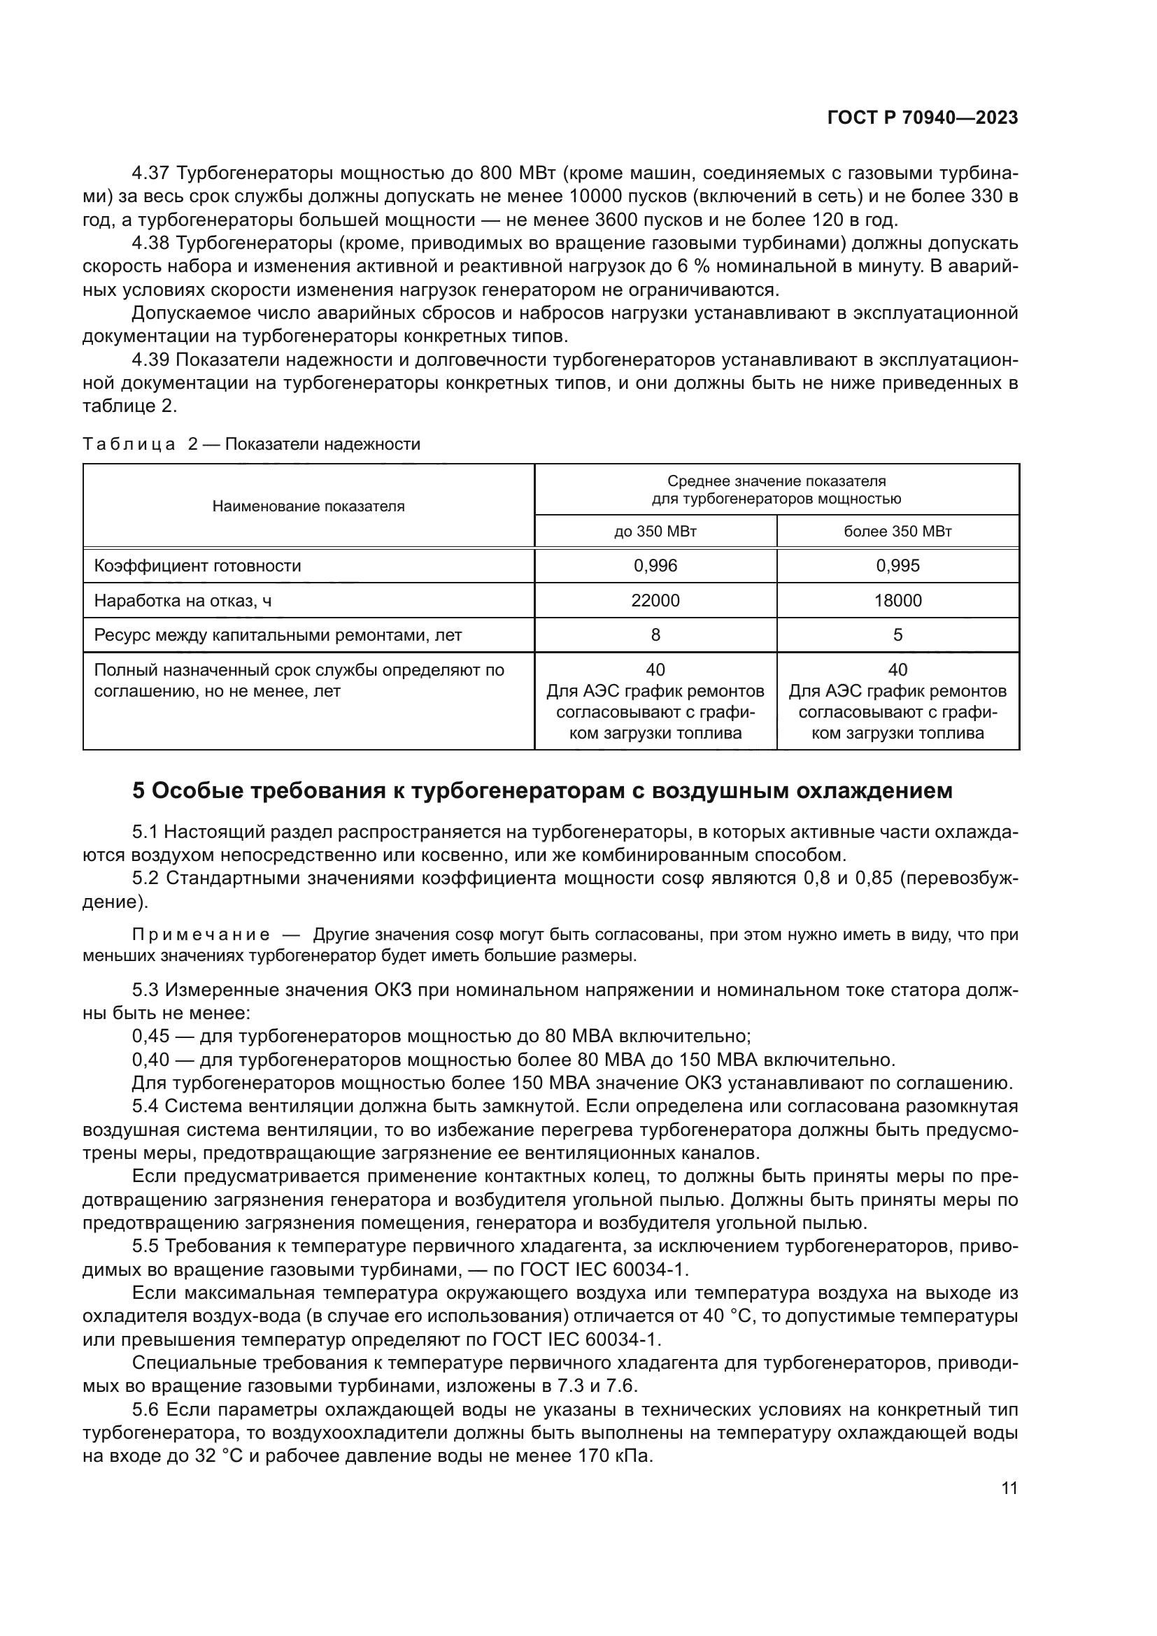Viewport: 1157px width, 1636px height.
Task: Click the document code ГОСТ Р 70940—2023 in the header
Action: (x=922, y=118)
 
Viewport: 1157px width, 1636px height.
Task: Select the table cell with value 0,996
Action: (x=655, y=566)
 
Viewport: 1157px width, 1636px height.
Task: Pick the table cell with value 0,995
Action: (x=897, y=566)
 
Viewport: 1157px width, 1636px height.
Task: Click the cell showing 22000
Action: (x=655, y=601)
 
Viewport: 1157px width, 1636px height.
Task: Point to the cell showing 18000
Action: (x=897, y=601)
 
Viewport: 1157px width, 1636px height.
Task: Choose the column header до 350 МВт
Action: (x=655, y=532)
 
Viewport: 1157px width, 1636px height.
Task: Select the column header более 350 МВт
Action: (x=897, y=532)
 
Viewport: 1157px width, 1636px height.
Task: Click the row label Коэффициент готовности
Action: (x=197, y=566)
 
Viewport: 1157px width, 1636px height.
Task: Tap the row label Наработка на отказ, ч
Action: (x=183, y=601)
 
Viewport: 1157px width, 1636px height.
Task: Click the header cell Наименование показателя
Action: (x=308, y=506)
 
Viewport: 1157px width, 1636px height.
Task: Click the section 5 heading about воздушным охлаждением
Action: (x=541, y=791)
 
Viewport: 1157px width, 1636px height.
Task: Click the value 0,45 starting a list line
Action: (x=150, y=1036)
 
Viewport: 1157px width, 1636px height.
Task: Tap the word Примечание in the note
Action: (x=201, y=935)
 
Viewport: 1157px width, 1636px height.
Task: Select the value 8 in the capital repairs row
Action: (x=655, y=635)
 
